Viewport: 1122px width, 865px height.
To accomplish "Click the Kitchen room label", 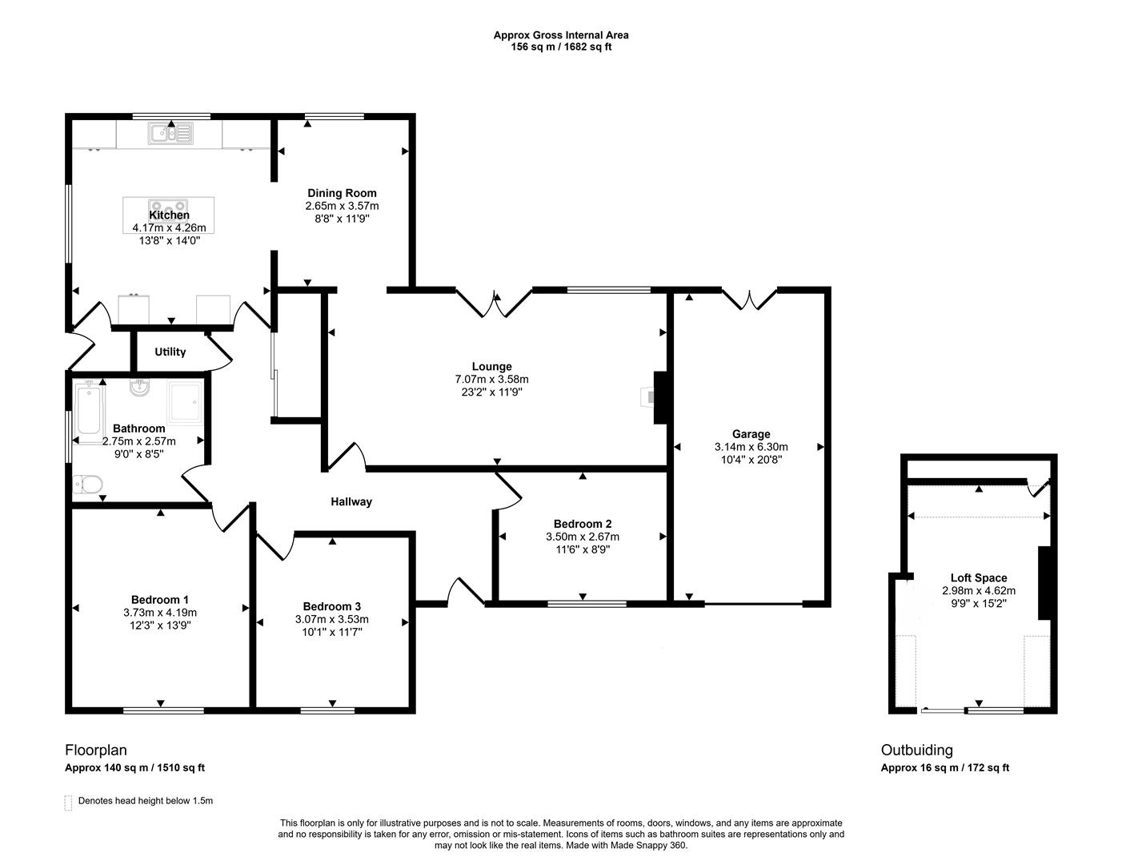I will click(x=169, y=215).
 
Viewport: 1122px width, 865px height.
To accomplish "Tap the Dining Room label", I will click(x=342, y=193).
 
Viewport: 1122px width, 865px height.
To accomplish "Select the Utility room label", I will click(x=170, y=352).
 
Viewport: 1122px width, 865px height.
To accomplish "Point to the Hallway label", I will click(x=351, y=502).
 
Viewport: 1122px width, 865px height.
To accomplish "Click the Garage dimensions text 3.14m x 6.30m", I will click(x=751, y=447).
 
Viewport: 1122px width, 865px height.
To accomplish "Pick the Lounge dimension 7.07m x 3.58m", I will click(x=491, y=380).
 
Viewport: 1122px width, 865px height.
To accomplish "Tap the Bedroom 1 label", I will click(x=160, y=600).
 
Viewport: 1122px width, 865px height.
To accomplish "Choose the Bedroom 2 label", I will click(x=582, y=524).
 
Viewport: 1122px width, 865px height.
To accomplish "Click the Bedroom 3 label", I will click(x=331, y=606).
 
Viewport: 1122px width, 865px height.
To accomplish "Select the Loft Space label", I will click(x=978, y=577).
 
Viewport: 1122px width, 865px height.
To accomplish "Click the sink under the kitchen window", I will click(x=170, y=133).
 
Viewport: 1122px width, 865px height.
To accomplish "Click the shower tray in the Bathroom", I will click(x=186, y=401).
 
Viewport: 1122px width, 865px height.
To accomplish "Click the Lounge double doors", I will click(x=494, y=303).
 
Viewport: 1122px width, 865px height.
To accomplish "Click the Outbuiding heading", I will click(x=916, y=750).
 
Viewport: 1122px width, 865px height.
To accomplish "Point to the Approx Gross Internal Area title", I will click(x=560, y=35).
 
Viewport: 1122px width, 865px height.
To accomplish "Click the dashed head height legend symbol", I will click(x=68, y=802).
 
